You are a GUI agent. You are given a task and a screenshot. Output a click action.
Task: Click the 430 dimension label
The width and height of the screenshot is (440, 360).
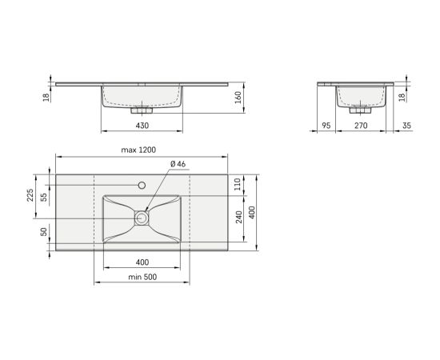(142, 126)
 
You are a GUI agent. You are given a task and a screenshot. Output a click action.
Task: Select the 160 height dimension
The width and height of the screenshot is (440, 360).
(238, 98)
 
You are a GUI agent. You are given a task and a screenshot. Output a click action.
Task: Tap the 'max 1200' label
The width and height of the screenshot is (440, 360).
(138, 150)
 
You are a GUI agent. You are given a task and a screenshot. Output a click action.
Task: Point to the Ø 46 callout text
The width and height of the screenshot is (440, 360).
(178, 164)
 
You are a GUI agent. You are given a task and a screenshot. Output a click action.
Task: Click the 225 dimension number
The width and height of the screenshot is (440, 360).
(30, 195)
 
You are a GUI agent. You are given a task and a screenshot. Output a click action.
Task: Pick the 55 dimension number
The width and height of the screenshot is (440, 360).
(44, 198)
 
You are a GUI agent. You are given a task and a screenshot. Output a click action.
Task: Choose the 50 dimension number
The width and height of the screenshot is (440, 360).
(44, 232)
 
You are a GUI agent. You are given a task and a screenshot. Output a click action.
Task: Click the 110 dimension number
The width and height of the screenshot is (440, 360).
(238, 184)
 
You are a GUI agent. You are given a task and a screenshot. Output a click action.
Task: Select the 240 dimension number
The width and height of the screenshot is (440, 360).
(238, 217)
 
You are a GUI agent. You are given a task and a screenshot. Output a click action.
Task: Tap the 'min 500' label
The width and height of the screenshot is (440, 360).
(142, 277)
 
